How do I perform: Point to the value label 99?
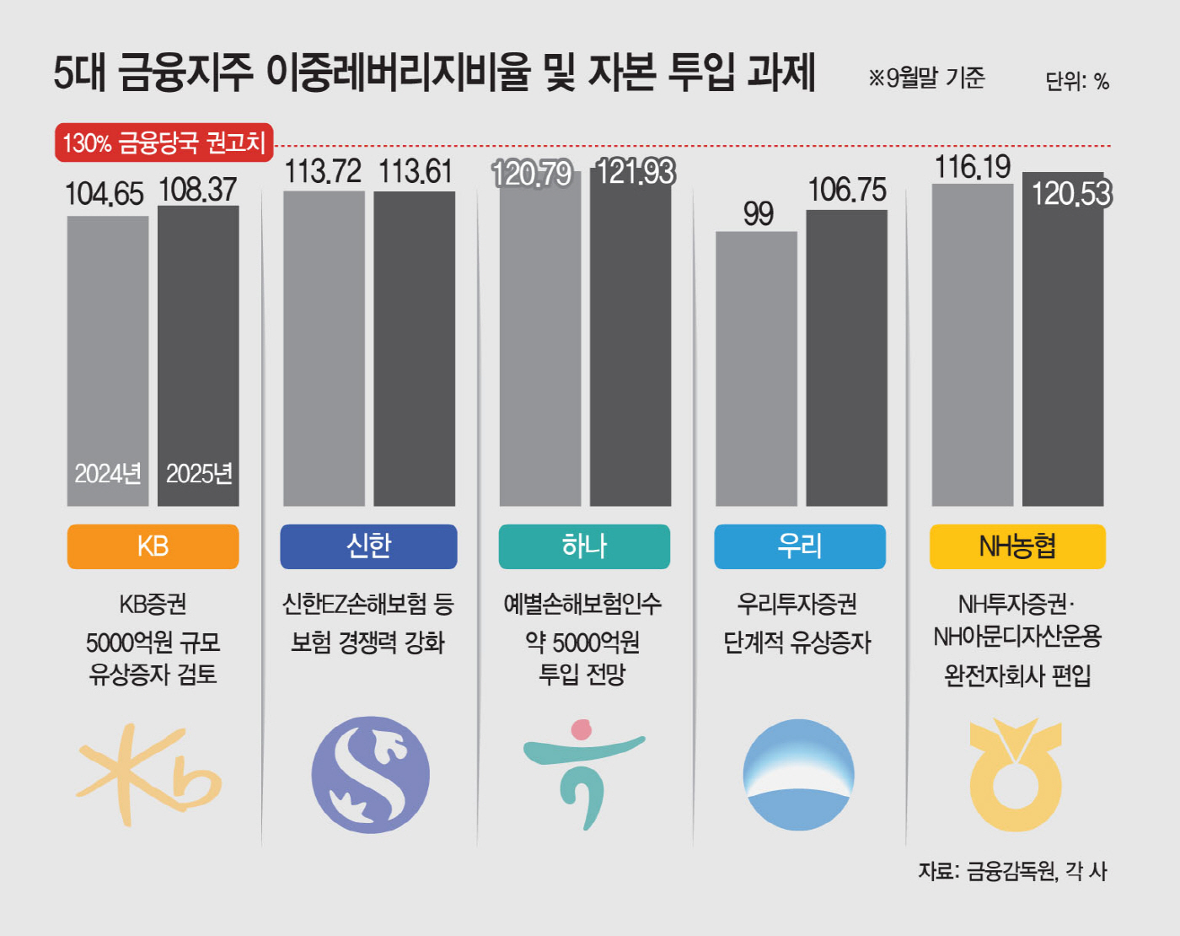[758, 214]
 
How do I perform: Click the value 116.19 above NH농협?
[972, 167]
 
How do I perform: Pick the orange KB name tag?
[153, 546]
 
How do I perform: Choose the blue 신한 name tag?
[368, 546]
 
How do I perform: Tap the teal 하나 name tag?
[584, 546]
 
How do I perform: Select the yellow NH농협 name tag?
[1016, 546]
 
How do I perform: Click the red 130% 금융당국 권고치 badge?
[164, 143]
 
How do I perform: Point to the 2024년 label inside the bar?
[108, 474]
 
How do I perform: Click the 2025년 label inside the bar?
[199, 474]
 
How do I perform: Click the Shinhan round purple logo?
[370, 774]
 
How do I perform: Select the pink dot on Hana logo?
[581, 729]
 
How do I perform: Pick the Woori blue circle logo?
[798, 774]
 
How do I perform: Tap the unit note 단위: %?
[1076, 82]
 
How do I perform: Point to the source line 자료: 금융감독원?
[1012, 871]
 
